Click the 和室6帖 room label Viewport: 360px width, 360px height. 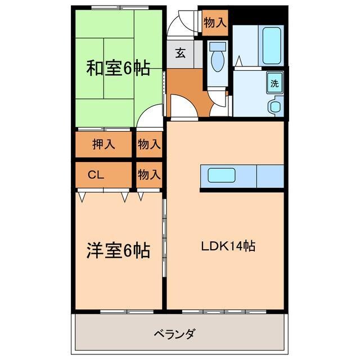point(118,69)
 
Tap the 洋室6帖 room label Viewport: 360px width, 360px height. point(118,250)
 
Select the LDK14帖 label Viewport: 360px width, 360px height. point(229,246)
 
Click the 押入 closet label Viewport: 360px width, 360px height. point(103,144)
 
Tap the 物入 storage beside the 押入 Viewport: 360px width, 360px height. point(149,144)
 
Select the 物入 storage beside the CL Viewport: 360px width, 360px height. point(149,174)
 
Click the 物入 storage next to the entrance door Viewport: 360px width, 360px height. point(215,23)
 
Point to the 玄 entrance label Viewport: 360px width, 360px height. point(180,54)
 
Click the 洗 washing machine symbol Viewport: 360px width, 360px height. point(274,83)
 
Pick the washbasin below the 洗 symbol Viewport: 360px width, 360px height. point(275,105)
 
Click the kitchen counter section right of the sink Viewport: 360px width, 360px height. point(271,176)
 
